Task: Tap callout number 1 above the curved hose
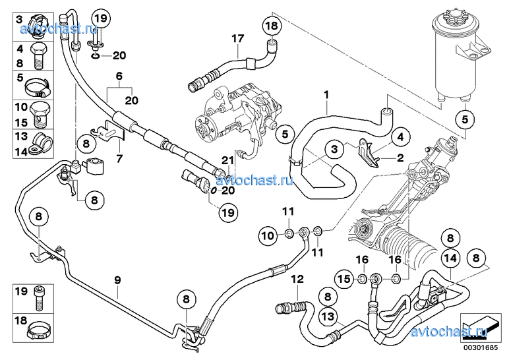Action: pyautogui.click(x=326, y=95)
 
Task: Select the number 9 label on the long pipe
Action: pyautogui.click(x=117, y=280)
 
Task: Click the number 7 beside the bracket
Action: pyautogui.click(x=119, y=159)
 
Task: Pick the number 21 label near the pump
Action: pyautogui.click(x=209, y=160)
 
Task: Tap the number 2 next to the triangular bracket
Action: pyautogui.click(x=400, y=158)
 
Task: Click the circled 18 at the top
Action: pyautogui.click(x=272, y=26)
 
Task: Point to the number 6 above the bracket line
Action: pyautogui.click(x=120, y=76)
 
